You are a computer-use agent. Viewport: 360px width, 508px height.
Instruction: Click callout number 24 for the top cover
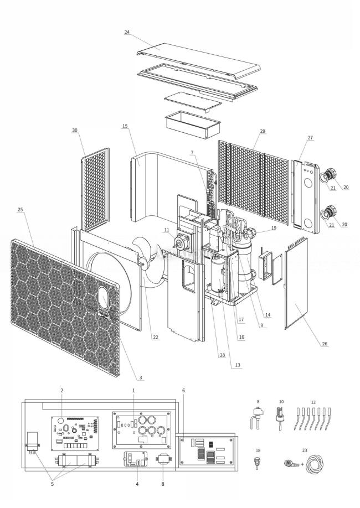point(127,32)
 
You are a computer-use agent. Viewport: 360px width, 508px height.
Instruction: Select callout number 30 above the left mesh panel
point(75,131)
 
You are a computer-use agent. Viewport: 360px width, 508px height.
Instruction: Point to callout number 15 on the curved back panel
point(125,126)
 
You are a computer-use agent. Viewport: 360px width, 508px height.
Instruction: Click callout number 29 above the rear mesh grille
point(262,131)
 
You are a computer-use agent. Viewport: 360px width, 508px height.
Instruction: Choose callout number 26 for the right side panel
point(323,344)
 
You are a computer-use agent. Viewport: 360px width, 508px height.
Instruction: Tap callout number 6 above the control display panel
point(183,390)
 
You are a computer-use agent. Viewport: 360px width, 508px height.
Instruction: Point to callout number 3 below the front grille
point(140,377)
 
